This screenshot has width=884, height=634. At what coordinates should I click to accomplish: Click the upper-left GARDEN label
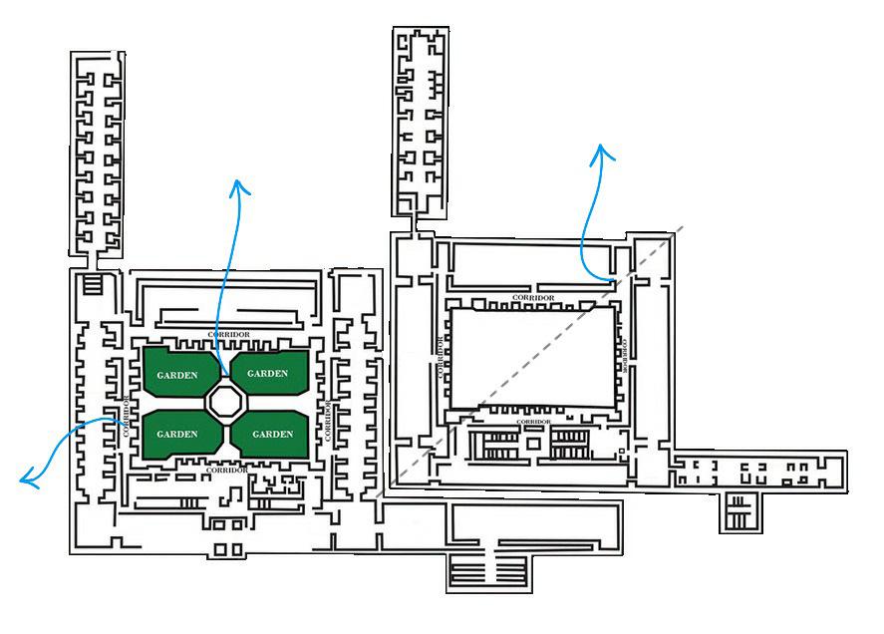pyautogui.click(x=177, y=375)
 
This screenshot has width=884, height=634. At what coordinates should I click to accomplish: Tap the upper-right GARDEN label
pyautogui.click(x=267, y=374)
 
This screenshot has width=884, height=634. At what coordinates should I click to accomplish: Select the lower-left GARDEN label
pyautogui.click(x=177, y=434)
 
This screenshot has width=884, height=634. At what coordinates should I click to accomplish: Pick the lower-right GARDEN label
pyautogui.click(x=272, y=434)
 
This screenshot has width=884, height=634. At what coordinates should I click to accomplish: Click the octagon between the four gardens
pyautogui.click(x=224, y=404)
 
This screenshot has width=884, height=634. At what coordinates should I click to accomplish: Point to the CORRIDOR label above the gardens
pyautogui.click(x=228, y=334)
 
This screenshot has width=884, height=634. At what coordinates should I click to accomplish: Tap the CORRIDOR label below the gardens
pyautogui.click(x=228, y=470)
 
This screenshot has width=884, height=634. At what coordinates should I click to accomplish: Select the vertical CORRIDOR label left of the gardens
pyautogui.click(x=127, y=419)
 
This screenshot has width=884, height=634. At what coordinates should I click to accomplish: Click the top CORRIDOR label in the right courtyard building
pyautogui.click(x=532, y=297)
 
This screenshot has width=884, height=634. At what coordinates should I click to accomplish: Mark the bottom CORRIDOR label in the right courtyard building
pyautogui.click(x=532, y=422)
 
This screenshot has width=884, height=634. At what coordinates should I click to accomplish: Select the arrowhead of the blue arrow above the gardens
pyautogui.click(x=236, y=185)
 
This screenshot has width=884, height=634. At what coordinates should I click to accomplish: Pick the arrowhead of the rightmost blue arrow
pyautogui.click(x=601, y=151)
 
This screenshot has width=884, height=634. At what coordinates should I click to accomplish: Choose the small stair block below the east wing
pyautogui.click(x=738, y=511)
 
